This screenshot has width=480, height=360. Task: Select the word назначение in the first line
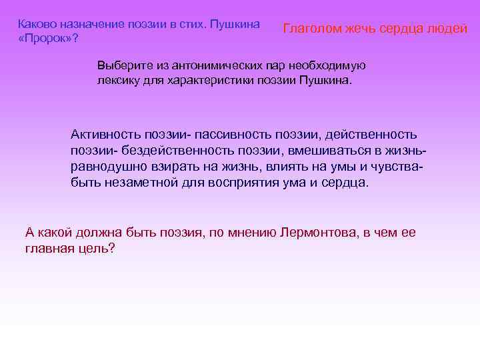[85, 23]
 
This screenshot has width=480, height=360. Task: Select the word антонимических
[211, 66]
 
